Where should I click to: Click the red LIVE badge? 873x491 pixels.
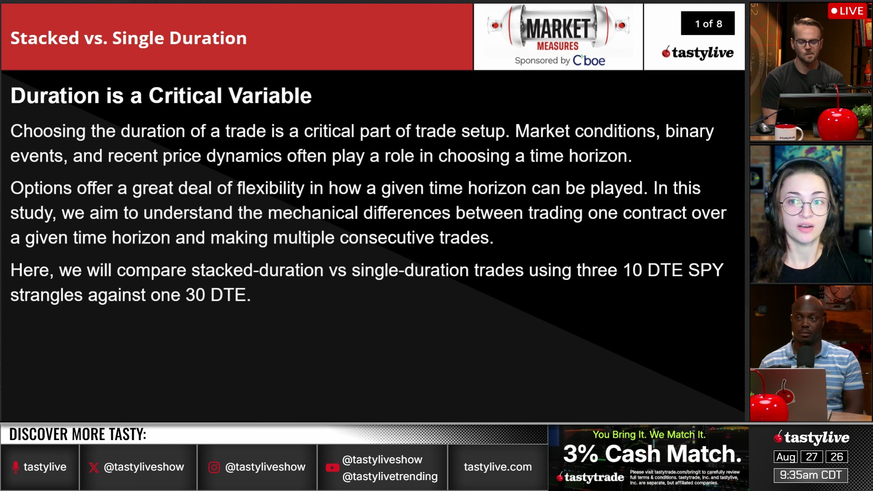847,11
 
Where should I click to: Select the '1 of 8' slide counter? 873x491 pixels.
708,24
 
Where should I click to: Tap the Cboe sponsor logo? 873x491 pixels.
589,60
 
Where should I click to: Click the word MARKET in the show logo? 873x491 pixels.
558,29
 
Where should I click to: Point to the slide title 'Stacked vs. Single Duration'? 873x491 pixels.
129,38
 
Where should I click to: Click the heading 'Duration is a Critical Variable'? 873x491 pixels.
161,96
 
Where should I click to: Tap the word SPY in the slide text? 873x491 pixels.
706,270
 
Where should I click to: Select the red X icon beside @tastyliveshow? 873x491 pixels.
94,467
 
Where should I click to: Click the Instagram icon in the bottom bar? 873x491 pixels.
214,467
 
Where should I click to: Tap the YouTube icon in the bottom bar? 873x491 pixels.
332,468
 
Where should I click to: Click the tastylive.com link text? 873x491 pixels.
498,467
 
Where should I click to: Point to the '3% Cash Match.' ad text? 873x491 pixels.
652,454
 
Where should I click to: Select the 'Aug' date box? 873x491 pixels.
786,457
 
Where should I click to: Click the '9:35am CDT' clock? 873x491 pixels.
811,475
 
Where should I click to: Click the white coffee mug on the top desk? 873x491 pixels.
789,132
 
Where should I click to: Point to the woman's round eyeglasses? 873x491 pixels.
805,205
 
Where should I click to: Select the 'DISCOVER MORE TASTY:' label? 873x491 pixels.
78,435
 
